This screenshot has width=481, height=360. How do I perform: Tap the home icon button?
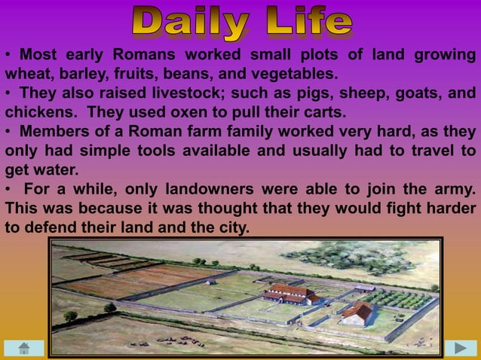23,347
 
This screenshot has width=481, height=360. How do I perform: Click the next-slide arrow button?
460,347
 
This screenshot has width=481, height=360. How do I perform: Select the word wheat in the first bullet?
28,75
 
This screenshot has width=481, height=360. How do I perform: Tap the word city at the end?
231,225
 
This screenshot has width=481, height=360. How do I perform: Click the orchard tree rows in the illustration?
400,298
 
